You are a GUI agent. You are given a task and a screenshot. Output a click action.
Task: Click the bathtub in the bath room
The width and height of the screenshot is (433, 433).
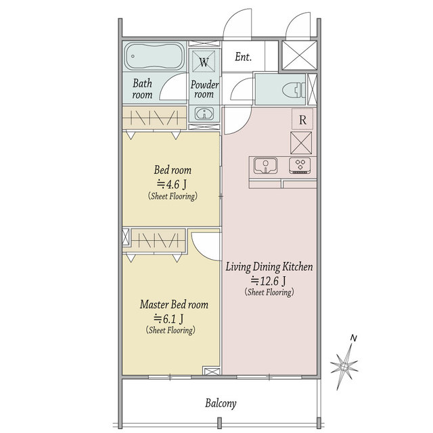[154, 56]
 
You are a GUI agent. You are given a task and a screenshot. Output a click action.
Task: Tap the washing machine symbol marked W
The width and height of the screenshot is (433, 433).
[204, 62]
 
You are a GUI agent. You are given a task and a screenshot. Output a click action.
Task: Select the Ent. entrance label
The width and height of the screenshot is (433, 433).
[243, 57]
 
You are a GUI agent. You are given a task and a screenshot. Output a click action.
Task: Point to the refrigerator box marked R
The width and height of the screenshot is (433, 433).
[302, 119]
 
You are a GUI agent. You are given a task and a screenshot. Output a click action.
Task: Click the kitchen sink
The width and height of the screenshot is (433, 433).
[265, 165]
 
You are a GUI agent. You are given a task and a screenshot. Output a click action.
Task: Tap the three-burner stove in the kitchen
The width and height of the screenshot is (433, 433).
[300, 165]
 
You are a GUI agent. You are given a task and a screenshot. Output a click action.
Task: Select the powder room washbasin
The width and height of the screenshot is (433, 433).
[204, 114]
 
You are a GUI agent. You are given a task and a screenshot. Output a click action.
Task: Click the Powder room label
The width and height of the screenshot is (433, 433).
[204, 89]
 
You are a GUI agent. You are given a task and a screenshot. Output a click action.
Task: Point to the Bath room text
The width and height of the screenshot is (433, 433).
[142, 89]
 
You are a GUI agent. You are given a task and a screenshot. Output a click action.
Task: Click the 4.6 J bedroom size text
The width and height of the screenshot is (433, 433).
[172, 183]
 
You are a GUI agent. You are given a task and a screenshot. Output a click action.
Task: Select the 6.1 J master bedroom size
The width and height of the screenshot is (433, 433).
[168, 319]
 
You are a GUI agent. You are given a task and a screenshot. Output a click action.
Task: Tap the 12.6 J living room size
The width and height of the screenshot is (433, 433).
[269, 281]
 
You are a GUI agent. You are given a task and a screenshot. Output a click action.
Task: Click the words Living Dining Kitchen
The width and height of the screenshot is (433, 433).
[269, 267]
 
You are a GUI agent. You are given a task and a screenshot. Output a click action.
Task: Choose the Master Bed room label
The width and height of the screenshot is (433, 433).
[174, 304]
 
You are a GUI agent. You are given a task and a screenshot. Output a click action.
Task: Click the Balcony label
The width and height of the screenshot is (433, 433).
[221, 403]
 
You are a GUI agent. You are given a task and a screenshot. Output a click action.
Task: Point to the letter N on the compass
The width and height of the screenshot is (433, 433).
[353, 338]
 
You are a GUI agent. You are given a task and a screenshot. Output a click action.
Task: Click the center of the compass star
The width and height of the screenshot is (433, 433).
[344, 367]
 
